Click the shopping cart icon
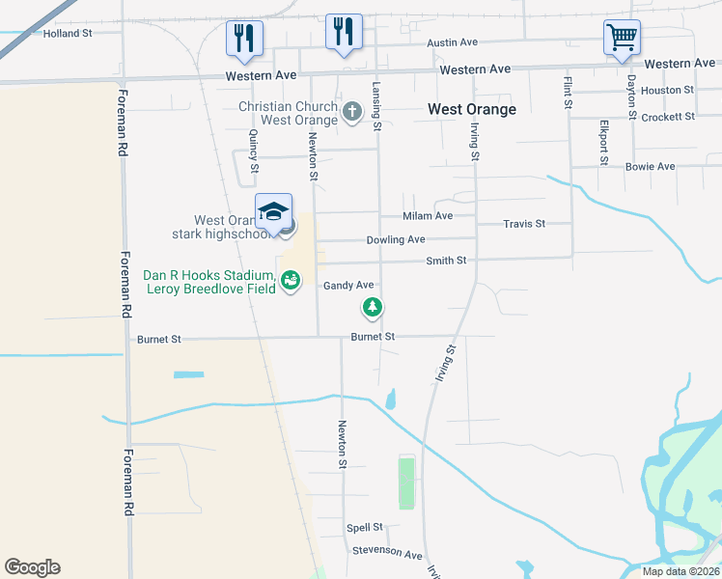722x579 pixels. click(x=623, y=39)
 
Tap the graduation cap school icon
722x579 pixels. click(x=273, y=211)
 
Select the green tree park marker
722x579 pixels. click(x=372, y=308)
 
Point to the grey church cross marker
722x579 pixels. click(x=352, y=112)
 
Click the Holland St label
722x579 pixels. click(x=68, y=33)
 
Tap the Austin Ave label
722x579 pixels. click(x=453, y=42)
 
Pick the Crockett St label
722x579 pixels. click(x=668, y=117)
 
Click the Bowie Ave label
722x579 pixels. click(x=650, y=167)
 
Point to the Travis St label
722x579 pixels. click(x=524, y=224)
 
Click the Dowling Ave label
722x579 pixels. click(x=396, y=240)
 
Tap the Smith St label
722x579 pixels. click(x=447, y=261)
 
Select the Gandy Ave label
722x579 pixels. click(x=348, y=286)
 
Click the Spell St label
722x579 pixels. click(x=365, y=528)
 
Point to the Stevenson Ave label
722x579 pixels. click(x=387, y=555)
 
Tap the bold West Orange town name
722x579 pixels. click(x=472, y=109)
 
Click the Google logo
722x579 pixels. click(x=32, y=567)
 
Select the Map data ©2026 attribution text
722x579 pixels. click(x=680, y=571)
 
